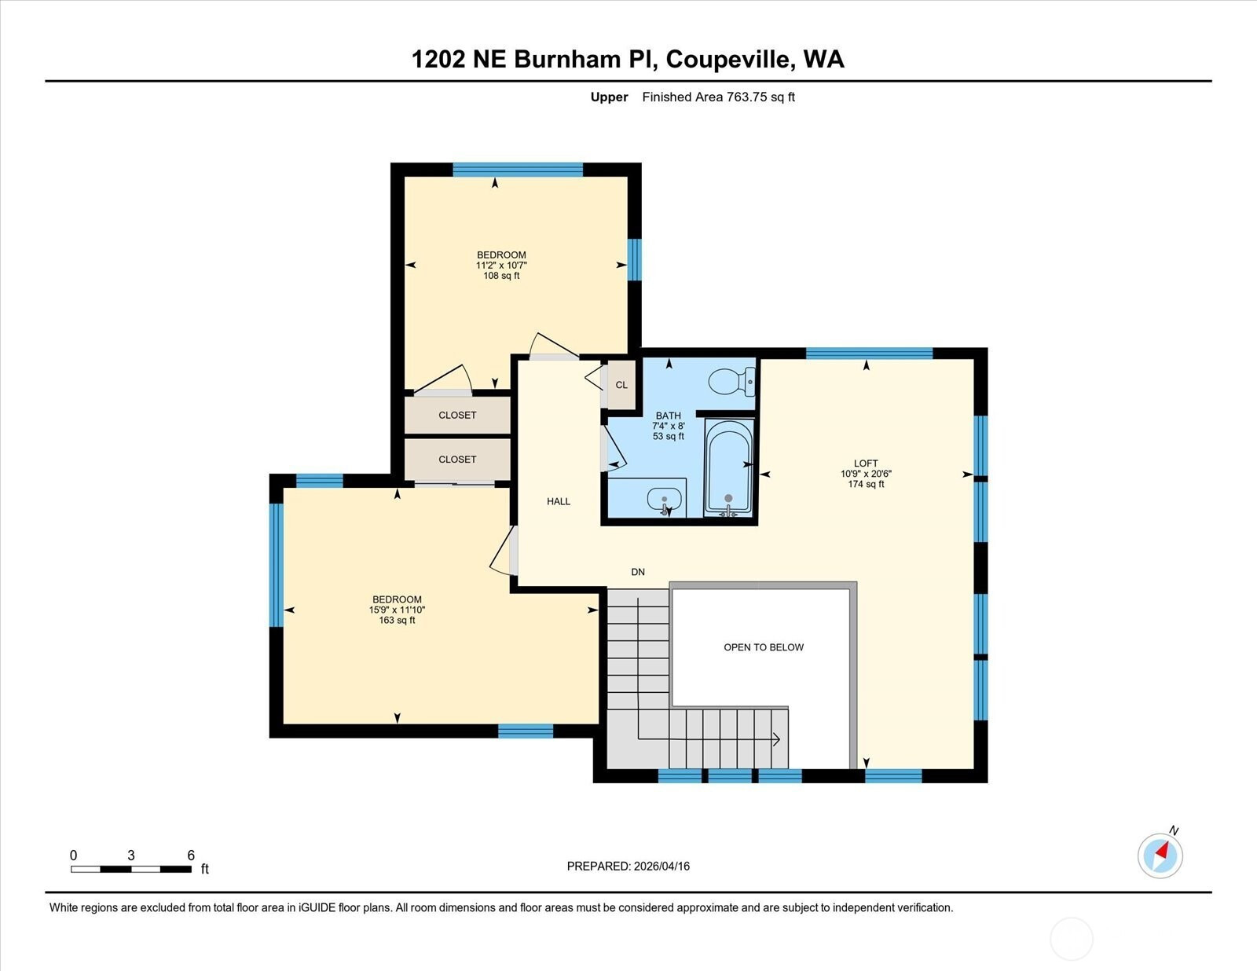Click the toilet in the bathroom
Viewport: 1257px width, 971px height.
tap(731, 381)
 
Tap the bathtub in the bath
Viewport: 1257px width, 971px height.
tap(728, 468)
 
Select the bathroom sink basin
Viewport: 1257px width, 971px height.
tap(665, 500)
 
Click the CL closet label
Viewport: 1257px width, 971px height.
tap(621, 385)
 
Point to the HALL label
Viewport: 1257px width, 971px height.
tap(559, 501)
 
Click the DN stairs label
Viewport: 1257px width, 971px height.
tap(637, 572)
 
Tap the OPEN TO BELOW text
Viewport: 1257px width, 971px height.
tap(764, 647)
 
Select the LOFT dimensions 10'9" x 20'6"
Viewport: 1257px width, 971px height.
tap(866, 474)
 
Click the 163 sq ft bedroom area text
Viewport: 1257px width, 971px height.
tap(397, 621)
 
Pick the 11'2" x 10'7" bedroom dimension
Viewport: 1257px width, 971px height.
tap(501, 266)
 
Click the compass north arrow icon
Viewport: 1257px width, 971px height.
tap(1160, 856)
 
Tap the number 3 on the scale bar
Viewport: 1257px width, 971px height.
tap(131, 856)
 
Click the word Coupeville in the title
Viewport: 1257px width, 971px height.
tap(727, 60)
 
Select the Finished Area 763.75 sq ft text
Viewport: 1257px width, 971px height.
tap(718, 97)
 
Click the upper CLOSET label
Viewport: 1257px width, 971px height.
tap(457, 416)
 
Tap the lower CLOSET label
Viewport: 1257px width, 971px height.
tap(457, 460)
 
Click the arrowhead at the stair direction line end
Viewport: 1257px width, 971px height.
tap(777, 739)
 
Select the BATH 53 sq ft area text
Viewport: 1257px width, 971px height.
tap(668, 437)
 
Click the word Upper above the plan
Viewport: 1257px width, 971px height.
tap(609, 97)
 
